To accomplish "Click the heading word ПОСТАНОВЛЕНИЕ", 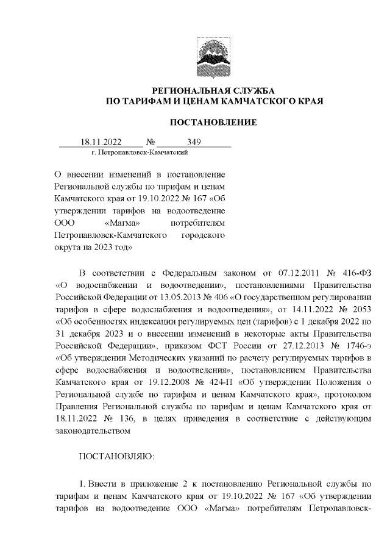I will coord(213,123).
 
